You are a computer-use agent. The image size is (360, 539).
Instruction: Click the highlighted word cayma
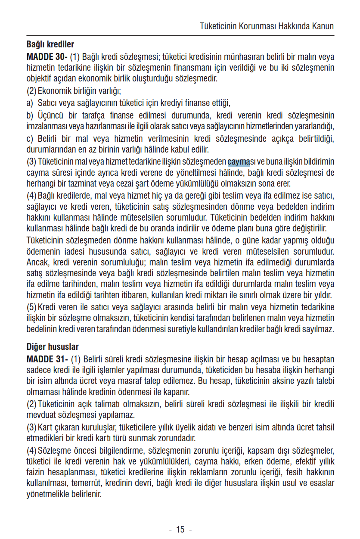click(x=239, y=162)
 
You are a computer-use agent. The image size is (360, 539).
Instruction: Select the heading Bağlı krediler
click(x=50, y=44)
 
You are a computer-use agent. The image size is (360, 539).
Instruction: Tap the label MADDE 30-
click(x=47, y=56)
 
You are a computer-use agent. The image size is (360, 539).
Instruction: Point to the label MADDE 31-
click(x=47, y=359)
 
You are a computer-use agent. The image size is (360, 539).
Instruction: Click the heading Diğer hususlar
click(x=53, y=347)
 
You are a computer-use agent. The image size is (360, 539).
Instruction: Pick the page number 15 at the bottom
click(x=180, y=530)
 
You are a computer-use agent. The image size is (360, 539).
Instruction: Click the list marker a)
click(x=30, y=103)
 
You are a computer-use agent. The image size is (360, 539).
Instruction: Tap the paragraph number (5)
click(x=31, y=307)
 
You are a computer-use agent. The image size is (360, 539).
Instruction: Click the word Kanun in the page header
click(x=323, y=26)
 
